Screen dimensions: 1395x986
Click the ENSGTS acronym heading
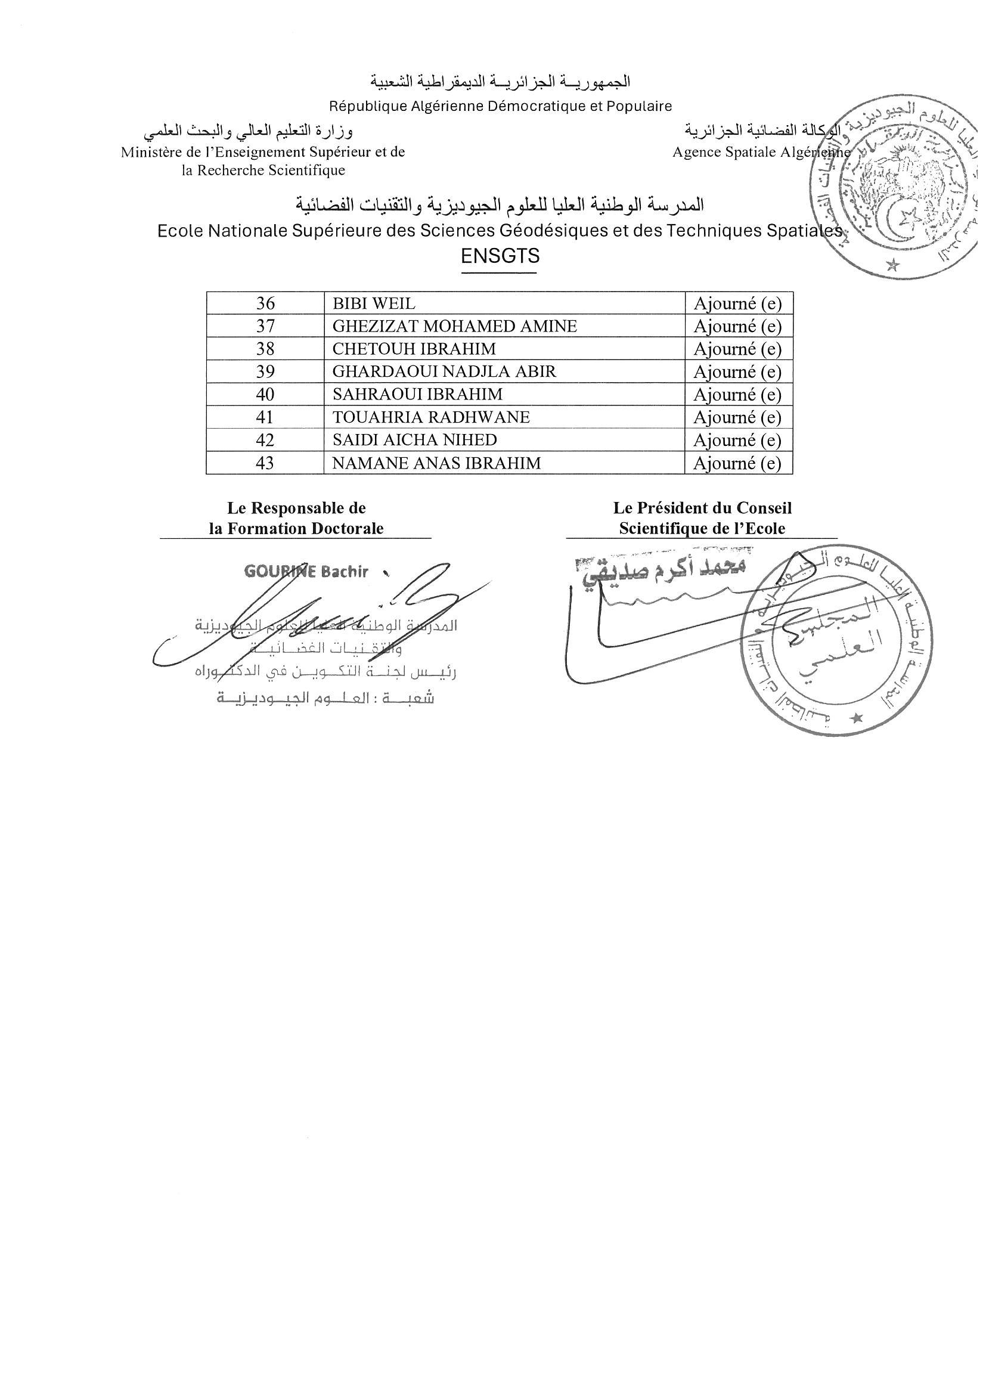coord(500,256)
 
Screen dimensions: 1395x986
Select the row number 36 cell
coord(265,303)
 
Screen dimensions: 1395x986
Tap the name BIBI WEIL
coord(374,303)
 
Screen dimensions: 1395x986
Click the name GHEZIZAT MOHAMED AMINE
coord(454,326)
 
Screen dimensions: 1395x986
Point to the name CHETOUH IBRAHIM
coord(414,349)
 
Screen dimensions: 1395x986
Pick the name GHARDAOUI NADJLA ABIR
coord(444,371)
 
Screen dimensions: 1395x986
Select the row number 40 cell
coord(265,394)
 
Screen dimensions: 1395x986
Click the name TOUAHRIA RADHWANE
coord(431,417)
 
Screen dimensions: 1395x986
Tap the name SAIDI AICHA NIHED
coord(414,440)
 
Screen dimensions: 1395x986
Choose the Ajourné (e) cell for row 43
coord(737,463)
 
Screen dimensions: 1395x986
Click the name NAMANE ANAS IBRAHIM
coord(436,463)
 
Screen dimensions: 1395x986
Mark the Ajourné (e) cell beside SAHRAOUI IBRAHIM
coord(737,394)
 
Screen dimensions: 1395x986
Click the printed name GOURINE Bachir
coord(306,571)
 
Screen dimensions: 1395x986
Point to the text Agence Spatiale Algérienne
coord(761,152)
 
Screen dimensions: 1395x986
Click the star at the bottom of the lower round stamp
coord(857,720)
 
